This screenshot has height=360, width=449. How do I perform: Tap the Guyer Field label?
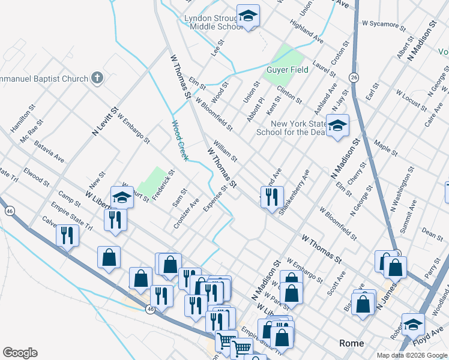pos(287,70)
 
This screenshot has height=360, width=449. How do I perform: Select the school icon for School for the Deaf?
pos(337,126)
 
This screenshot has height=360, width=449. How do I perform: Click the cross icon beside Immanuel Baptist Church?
pos(97,78)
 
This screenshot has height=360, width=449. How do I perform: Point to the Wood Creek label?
pos(179,141)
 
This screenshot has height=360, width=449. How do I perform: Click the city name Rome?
pos(351,343)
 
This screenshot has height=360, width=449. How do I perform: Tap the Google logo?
pos(20,353)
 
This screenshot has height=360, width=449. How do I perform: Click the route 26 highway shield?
pos(354,77)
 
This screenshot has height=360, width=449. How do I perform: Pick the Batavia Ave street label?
pos(49,152)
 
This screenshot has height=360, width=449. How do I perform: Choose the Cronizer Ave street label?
pos(186,214)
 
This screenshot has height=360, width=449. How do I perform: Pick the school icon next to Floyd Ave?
pos(413,324)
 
